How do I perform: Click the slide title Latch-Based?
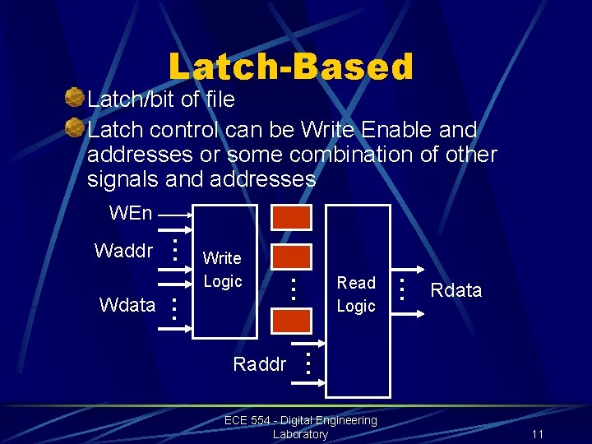coord(290,67)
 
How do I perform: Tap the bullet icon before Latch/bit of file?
coord(75,99)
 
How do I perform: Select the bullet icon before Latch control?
coord(75,129)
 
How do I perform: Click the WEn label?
coord(131,214)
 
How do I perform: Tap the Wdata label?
coord(127,305)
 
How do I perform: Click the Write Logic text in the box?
coord(222,270)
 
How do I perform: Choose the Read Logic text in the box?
coord(356,294)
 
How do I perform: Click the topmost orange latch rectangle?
coord(292,217)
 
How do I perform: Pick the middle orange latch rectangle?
coord(292,257)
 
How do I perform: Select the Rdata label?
coord(456,290)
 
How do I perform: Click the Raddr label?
coord(260,364)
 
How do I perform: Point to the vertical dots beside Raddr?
coord(307,363)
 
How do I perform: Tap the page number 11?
coord(538,434)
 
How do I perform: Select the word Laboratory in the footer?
coord(300,434)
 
